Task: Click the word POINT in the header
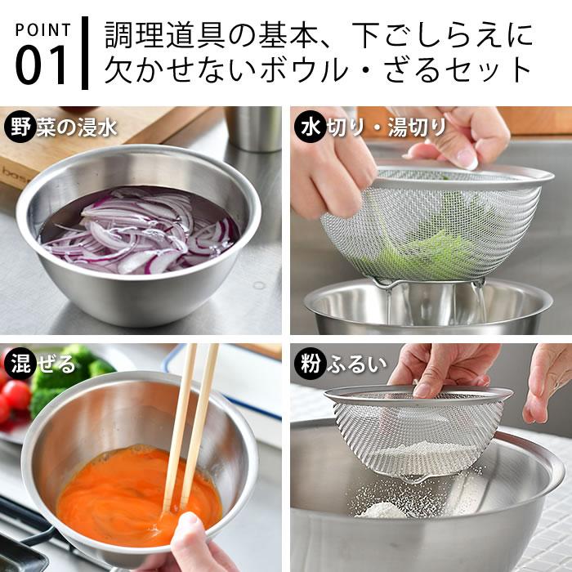pos(42,30)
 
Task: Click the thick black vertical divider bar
pos(84,51)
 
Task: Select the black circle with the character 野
pos(20,127)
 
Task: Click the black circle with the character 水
pos(308,127)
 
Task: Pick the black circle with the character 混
pos(20,363)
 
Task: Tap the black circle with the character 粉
pos(308,363)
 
